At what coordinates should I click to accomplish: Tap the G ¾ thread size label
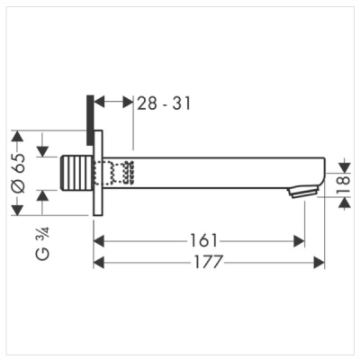(46, 240)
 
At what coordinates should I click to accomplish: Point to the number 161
(204, 241)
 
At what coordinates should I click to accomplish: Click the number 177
(209, 262)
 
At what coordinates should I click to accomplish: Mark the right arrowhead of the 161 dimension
(299, 241)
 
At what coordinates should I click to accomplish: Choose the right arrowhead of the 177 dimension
(319, 262)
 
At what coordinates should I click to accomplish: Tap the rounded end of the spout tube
(320, 172)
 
